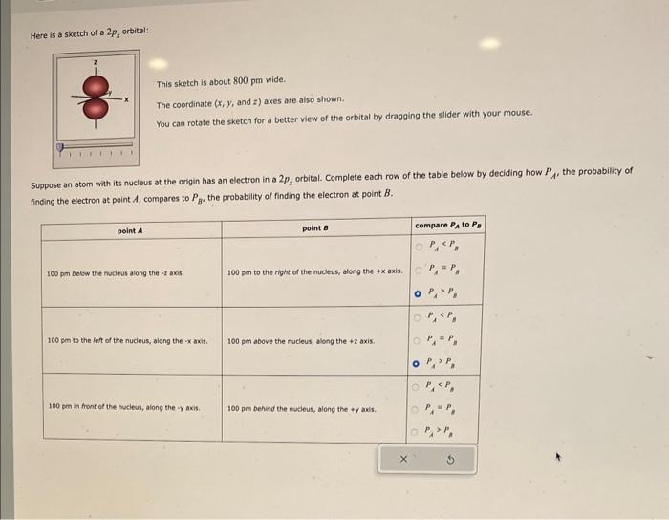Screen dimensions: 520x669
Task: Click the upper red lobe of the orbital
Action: pos(96,86)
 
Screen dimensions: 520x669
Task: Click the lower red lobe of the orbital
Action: pos(96,108)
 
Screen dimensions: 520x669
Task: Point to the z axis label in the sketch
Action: pos(95,63)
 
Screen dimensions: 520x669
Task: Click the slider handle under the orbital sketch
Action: pos(61,148)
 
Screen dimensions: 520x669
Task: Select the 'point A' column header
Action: pos(130,230)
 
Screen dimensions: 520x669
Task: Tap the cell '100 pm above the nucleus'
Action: pos(300,341)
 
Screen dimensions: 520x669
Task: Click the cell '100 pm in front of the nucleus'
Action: pos(123,407)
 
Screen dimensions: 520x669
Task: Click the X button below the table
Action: pos(403,459)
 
